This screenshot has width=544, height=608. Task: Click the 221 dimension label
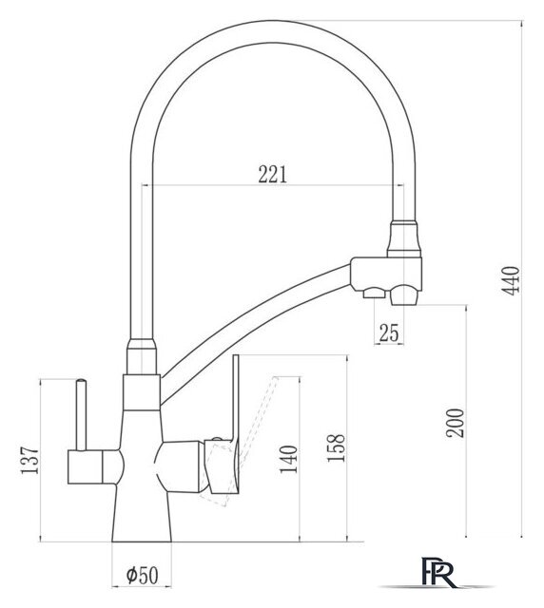273,175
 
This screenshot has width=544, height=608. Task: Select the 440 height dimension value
512,280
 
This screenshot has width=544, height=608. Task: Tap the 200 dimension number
456,423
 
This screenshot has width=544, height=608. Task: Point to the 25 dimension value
389,332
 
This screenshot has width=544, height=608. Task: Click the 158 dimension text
336,447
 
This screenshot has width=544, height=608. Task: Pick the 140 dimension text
289,460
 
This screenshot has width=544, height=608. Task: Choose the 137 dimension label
29,460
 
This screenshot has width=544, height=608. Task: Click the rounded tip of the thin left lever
81,381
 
